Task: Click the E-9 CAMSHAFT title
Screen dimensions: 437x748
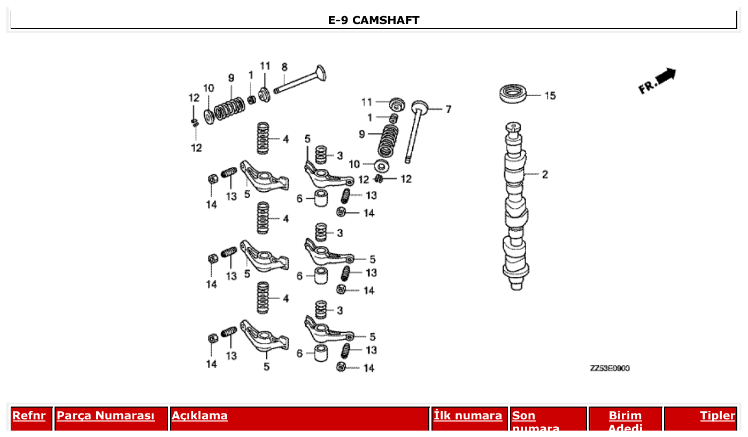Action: [373, 20]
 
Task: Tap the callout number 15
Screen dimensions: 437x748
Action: [550, 96]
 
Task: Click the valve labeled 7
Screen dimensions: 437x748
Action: [415, 131]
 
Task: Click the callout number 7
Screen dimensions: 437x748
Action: [448, 110]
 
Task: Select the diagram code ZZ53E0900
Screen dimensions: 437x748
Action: [610, 369]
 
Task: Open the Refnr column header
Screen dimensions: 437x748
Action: [29, 416]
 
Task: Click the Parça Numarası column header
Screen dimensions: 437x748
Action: [105, 416]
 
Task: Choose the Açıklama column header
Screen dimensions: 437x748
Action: [199, 416]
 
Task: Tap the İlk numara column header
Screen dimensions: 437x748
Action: [468, 416]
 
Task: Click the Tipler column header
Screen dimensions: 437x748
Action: [718, 416]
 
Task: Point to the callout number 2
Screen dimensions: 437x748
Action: [545, 174]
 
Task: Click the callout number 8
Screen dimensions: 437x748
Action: [284, 67]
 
